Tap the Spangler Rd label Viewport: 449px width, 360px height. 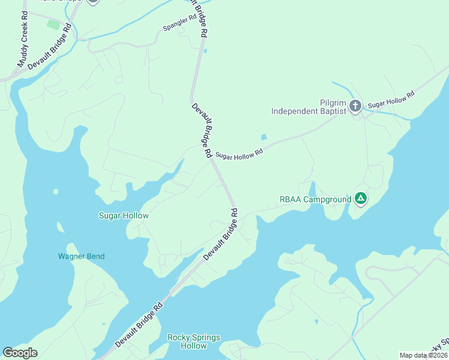click(x=179, y=27)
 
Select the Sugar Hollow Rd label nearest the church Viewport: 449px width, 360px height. click(x=391, y=100)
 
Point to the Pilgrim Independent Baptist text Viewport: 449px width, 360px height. click(x=309, y=107)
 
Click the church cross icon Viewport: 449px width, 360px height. click(x=355, y=107)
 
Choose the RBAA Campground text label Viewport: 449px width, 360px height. click(x=315, y=199)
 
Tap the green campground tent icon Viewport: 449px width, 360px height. click(x=360, y=199)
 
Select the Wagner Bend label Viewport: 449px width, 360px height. click(x=81, y=256)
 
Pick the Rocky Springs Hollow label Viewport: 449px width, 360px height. click(x=193, y=341)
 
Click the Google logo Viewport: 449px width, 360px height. click(x=20, y=353)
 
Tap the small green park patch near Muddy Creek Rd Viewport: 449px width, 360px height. click(x=54, y=25)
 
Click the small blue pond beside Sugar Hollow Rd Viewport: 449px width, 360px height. click(x=264, y=137)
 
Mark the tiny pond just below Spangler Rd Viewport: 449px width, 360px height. click(x=205, y=50)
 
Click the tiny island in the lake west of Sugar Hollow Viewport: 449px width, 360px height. click(x=56, y=192)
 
